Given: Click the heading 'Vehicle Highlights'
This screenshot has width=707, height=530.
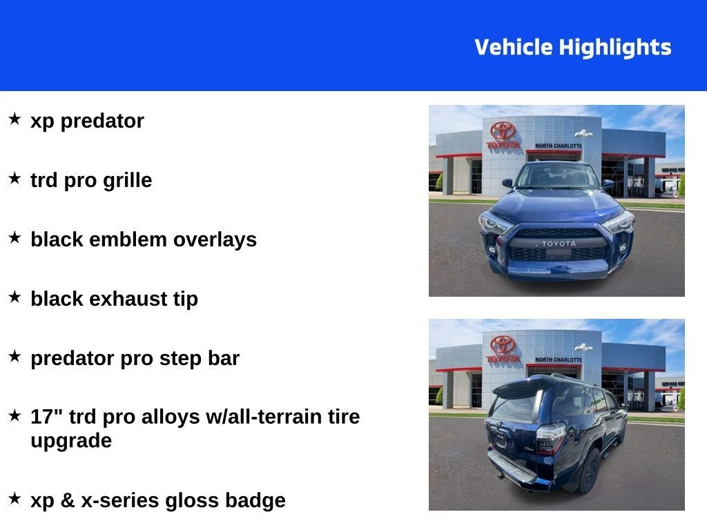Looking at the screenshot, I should tap(572, 48).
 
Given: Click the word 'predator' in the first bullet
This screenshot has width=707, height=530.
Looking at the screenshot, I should tap(102, 121).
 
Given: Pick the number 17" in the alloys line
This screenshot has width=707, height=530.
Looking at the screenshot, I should tap(43, 416).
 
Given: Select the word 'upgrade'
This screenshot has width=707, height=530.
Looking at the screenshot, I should tap(71, 441).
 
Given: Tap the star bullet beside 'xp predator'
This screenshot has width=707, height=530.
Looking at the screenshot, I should tap(14, 119).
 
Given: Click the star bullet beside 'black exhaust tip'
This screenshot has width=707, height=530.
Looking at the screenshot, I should tap(14, 297).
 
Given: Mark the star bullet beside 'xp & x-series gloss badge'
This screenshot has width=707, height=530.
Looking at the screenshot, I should tap(14, 498).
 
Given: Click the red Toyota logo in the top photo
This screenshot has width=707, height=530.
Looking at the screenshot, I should tap(503, 131).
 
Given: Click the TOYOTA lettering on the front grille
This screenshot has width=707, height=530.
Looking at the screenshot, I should tap(558, 244).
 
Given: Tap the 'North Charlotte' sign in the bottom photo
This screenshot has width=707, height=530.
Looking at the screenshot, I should tap(558, 360).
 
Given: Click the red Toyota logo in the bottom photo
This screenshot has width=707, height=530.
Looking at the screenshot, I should tap(503, 345).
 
